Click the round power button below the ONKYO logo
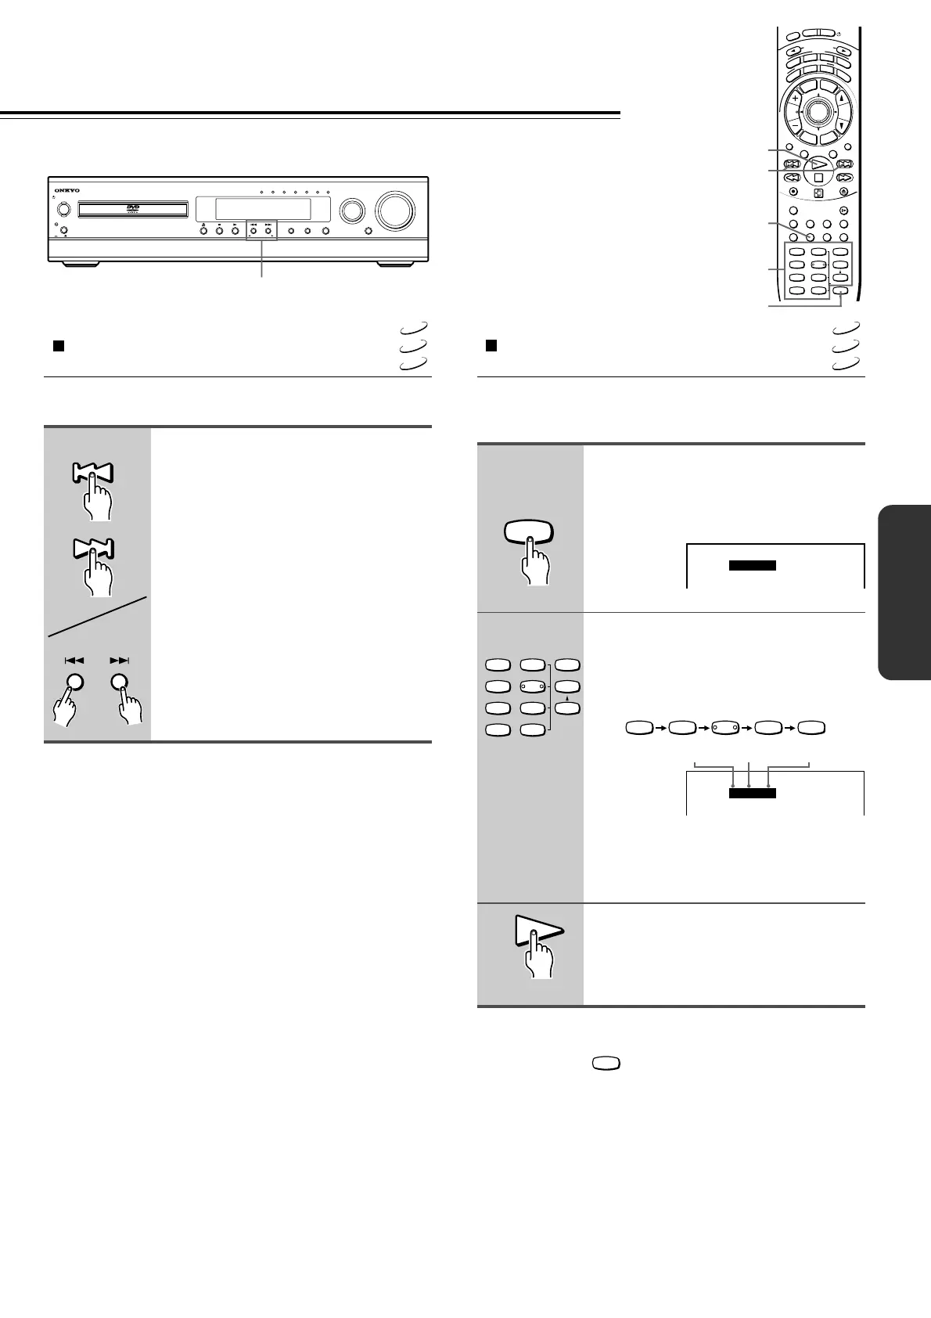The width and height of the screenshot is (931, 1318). [x=63, y=210]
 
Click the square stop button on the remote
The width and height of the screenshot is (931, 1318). [x=818, y=178]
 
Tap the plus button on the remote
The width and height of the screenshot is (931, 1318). [x=795, y=99]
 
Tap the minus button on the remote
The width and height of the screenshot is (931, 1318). [x=795, y=125]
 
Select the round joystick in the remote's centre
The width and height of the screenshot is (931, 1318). [x=818, y=112]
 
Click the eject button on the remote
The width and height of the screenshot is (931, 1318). [x=843, y=192]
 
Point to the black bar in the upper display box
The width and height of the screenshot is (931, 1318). [x=752, y=566]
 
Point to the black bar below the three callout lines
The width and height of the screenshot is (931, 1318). [x=752, y=794]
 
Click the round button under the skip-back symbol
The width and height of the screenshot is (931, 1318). [x=74, y=682]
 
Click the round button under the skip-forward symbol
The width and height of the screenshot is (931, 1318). [x=119, y=682]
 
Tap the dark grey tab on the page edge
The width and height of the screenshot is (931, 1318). [x=905, y=592]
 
